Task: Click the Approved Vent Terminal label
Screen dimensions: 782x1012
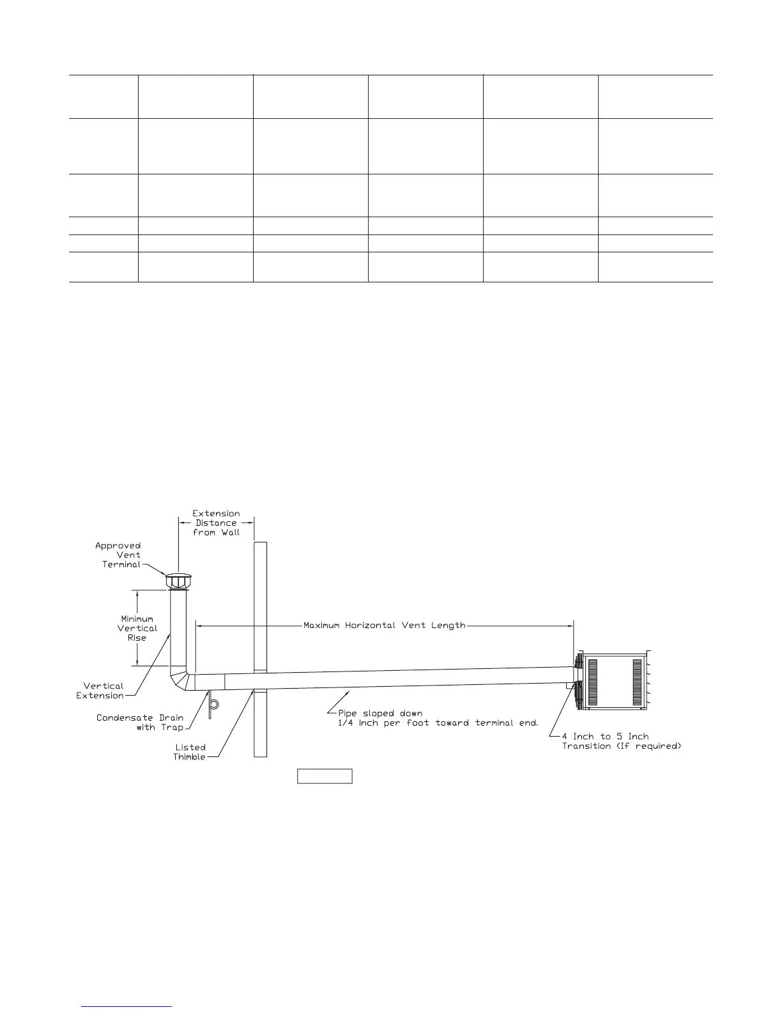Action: coord(118,555)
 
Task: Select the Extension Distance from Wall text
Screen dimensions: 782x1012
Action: coord(216,523)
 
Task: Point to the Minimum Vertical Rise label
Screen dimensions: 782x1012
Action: coord(137,628)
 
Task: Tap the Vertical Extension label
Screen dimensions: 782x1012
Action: coord(100,691)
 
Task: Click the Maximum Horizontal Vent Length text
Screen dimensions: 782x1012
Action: coord(384,625)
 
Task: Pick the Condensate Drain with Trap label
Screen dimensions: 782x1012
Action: coord(140,723)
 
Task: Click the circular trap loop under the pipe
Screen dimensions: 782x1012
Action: coord(215,704)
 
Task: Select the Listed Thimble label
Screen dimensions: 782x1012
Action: coord(190,752)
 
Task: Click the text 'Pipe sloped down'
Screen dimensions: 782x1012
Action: coord(380,713)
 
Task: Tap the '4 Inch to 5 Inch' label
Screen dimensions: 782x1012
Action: coord(605,737)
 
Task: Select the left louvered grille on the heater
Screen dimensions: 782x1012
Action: coord(592,682)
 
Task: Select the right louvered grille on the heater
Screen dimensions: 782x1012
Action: coord(637,682)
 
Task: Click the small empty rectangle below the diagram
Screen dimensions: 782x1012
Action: coord(325,776)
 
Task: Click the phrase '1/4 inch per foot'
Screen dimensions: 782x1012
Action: coord(371,723)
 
